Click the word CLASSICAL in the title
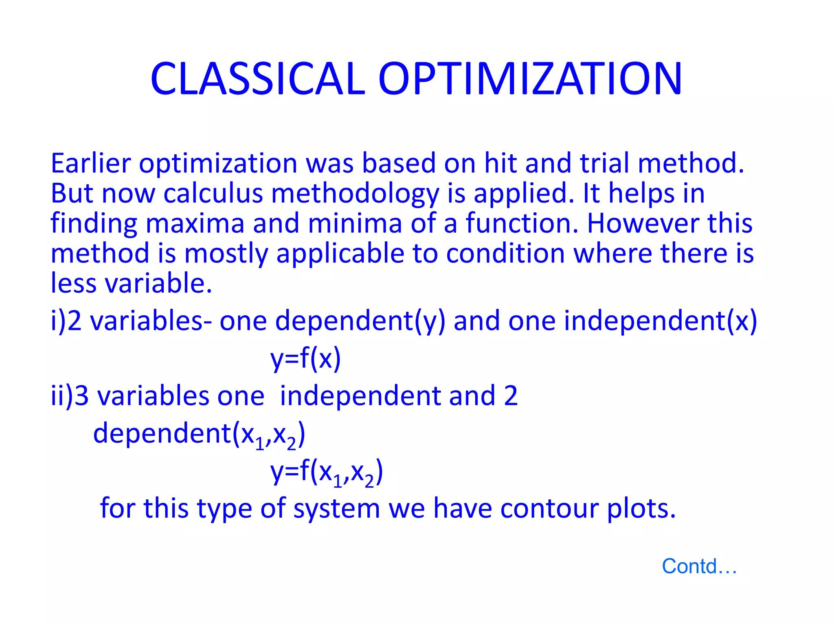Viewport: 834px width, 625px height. (x=257, y=79)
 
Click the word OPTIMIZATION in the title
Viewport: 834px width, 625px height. (x=530, y=79)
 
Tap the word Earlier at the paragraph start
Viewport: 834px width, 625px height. (x=90, y=164)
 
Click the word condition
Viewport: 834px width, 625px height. (x=505, y=254)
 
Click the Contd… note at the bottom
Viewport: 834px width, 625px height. (x=699, y=566)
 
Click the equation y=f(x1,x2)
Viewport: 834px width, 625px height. (x=327, y=473)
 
